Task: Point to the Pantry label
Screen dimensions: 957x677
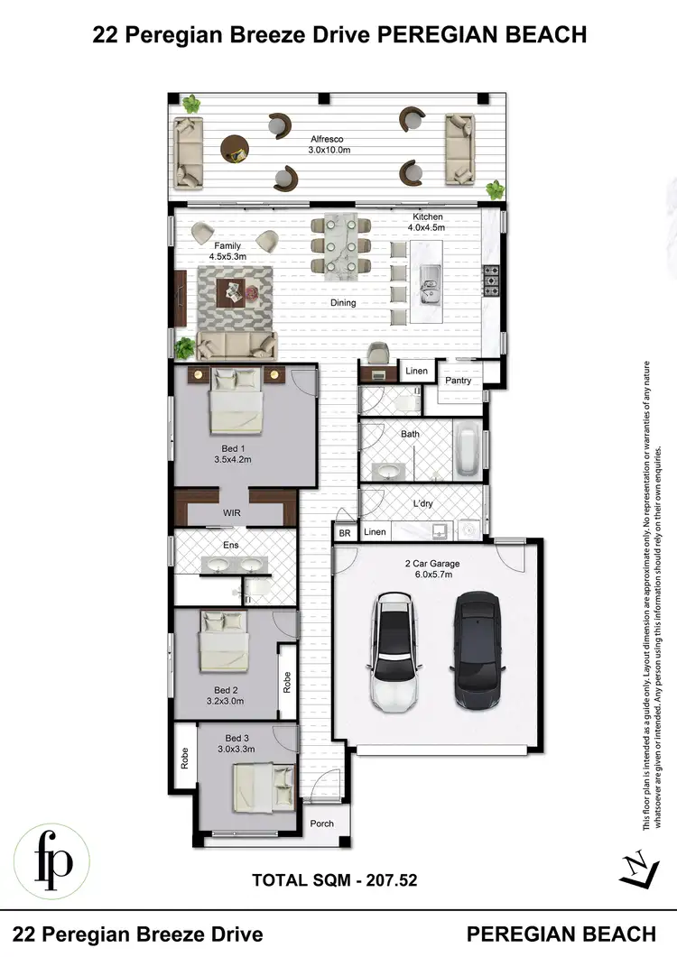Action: [x=459, y=381]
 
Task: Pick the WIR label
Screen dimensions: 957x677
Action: [x=233, y=513]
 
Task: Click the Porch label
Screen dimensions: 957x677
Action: [x=322, y=824]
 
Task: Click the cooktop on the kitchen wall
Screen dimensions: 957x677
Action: [x=493, y=280]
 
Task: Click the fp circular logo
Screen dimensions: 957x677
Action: [x=51, y=861]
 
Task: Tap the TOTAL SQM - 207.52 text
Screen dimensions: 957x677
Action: [x=334, y=878]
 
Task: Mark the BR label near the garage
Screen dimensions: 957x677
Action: [x=345, y=534]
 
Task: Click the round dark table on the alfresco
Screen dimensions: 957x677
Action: [x=235, y=147]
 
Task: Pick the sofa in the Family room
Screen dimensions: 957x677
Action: [x=238, y=344]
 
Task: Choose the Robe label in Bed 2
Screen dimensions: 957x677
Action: [x=286, y=684]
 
